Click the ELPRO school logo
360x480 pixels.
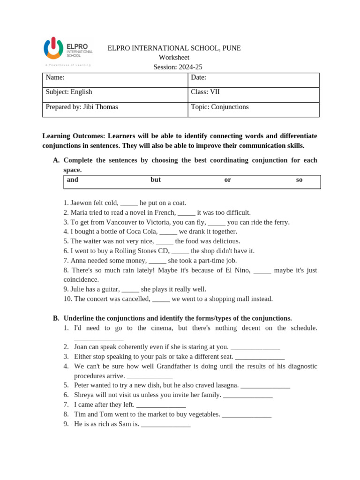point(68,51)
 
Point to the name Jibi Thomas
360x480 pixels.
point(100,107)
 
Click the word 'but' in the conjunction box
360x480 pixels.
point(155,180)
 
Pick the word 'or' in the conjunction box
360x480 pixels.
point(227,180)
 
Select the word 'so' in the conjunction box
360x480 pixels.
point(299,180)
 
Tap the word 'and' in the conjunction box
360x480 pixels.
point(73,180)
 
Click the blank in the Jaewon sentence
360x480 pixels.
point(129,204)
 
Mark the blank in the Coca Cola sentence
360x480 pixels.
point(168,232)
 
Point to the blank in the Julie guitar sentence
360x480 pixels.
point(130,290)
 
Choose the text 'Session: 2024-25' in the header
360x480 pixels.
point(178,67)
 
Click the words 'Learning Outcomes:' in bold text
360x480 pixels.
point(74,136)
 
